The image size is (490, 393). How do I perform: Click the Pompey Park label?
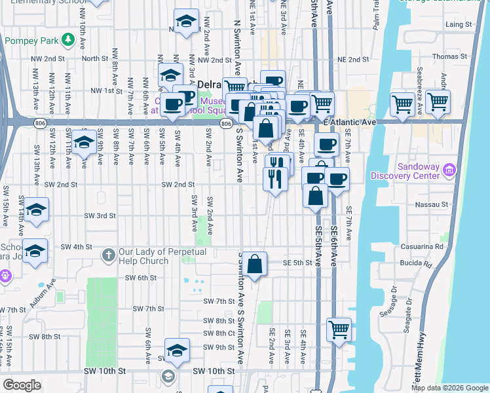click(30, 41)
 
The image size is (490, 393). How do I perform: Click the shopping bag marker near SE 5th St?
click(256, 265)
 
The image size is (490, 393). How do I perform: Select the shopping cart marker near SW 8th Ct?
click(339, 330)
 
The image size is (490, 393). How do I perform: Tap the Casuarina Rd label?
click(429, 247)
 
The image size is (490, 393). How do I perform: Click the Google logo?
click(22, 385)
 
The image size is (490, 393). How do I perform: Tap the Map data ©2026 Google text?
click(449, 388)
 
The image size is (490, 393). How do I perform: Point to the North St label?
click(95, 59)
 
